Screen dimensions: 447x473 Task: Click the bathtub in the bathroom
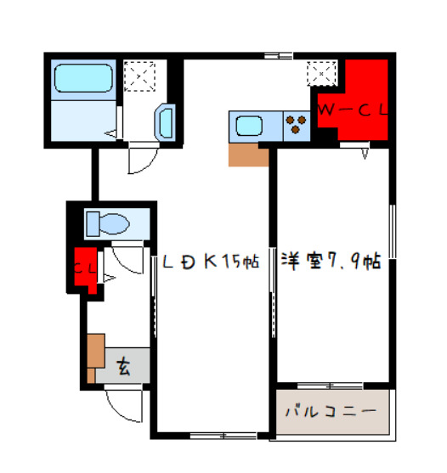click(x=83, y=78)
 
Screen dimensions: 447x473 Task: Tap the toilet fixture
click(x=108, y=224)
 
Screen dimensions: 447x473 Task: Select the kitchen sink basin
click(x=249, y=126)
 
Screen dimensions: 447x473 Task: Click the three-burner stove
click(x=296, y=124)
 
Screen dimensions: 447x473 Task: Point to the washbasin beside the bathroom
click(x=165, y=122)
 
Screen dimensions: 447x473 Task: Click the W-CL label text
click(x=352, y=110)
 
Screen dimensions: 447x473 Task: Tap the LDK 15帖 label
click(x=211, y=262)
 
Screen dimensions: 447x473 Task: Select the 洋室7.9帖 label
click(x=331, y=261)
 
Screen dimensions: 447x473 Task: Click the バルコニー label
click(x=331, y=411)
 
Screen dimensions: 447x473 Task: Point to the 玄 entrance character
click(x=124, y=366)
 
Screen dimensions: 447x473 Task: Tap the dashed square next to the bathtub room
click(x=139, y=76)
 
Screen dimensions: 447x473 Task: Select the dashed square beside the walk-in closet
click(x=321, y=74)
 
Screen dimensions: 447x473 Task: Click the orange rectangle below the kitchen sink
click(x=249, y=155)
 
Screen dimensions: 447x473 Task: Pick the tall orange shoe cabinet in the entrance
click(x=96, y=351)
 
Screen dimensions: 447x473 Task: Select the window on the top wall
click(x=278, y=56)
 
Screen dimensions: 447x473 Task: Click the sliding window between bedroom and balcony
click(x=331, y=386)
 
